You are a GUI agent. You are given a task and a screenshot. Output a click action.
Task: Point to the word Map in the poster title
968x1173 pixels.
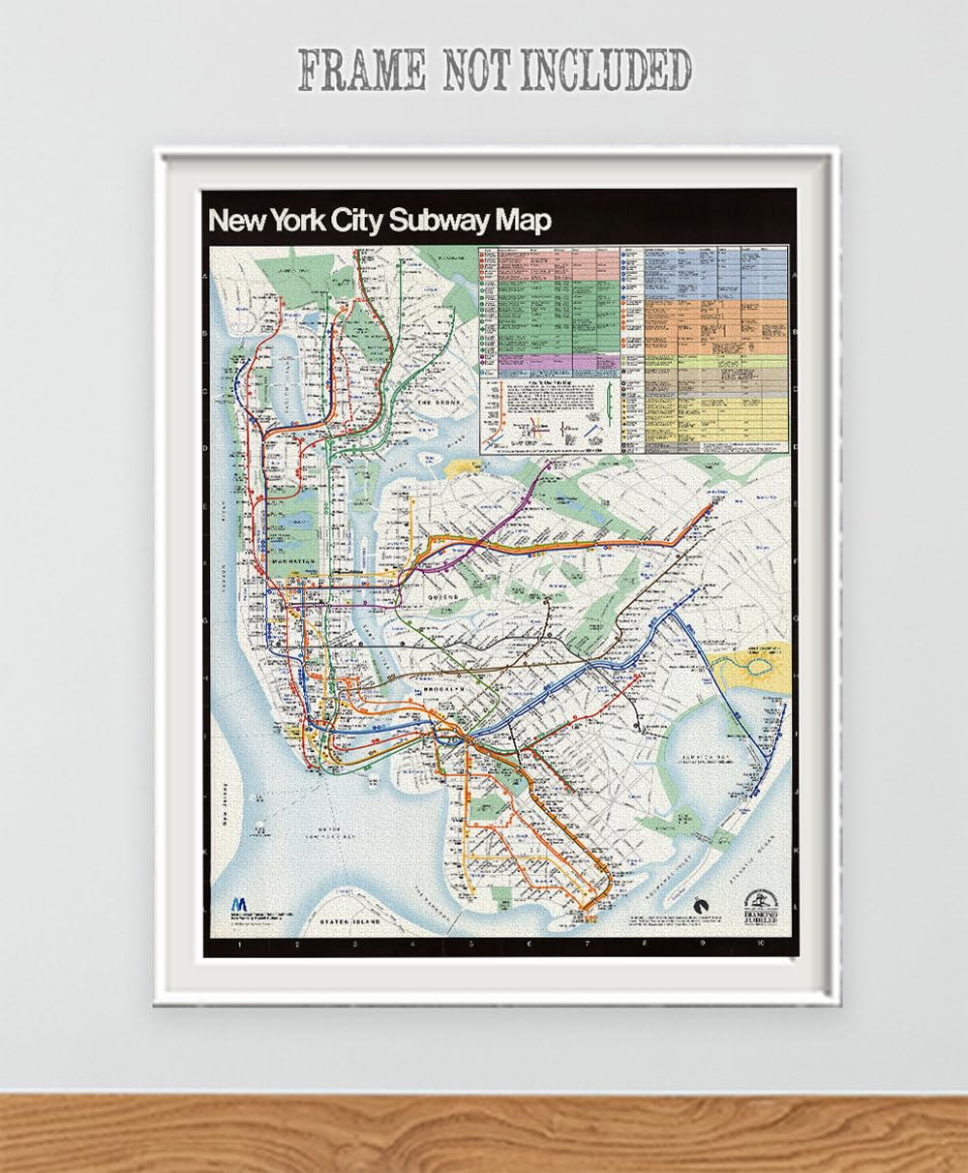pos(523,221)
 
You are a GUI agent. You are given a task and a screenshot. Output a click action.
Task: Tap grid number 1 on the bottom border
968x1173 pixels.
pos(238,945)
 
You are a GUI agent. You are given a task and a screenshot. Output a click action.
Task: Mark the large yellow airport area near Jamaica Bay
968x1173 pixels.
pos(750,668)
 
